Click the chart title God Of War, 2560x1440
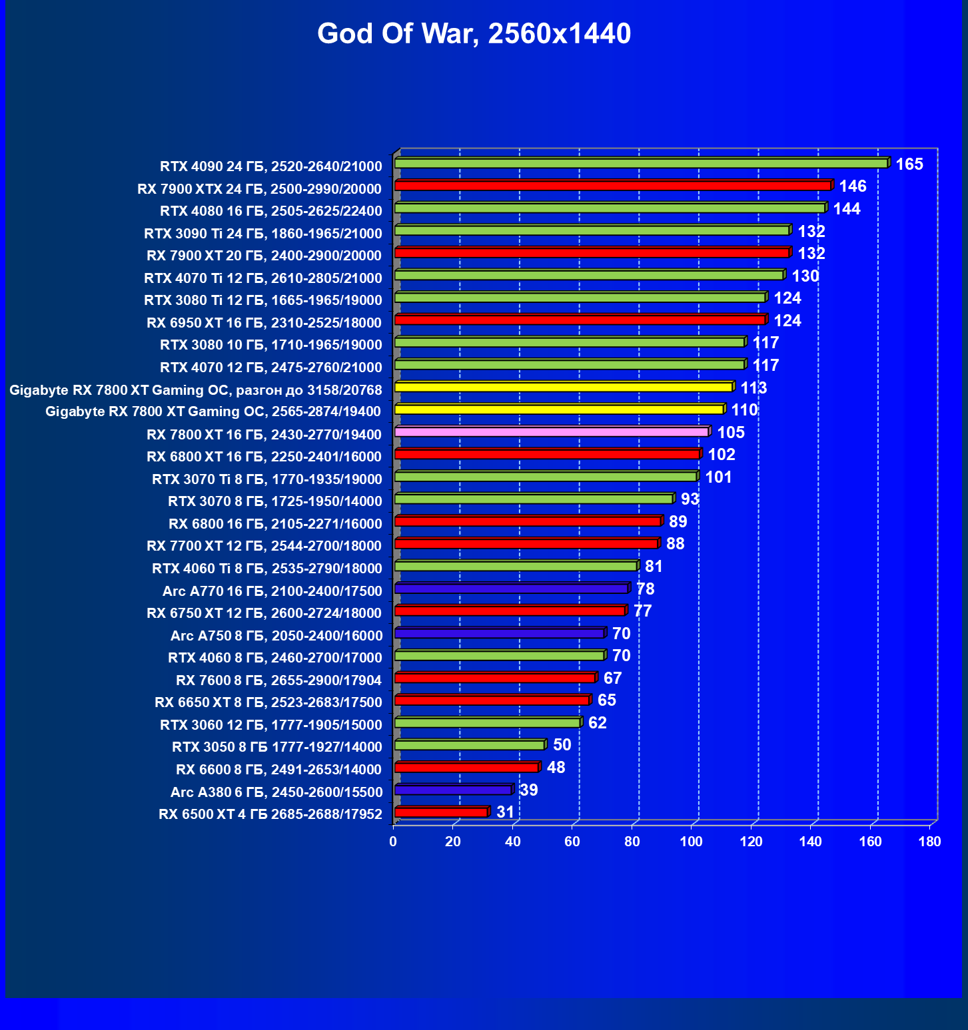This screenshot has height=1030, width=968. click(x=474, y=34)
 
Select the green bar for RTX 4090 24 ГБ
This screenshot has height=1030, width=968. click(x=641, y=163)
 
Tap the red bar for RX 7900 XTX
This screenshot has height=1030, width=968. click(x=613, y=186)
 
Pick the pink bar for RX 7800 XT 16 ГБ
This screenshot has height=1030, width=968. click(x=552, y=432)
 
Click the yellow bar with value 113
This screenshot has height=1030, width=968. click(x=564, y=387)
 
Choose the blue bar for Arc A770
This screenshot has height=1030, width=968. click(x=512, y=589)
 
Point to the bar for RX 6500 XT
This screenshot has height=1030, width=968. click(x=441, y=812)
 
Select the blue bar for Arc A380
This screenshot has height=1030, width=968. click(x=453, y=790)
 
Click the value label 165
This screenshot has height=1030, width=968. click(x=909, y=164)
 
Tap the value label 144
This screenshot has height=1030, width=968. click(x=847, y=209)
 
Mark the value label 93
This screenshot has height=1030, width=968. click(x=690, y=499)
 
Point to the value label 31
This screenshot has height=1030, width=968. click(x=506, y=812)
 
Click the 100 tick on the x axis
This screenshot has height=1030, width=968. click(x=691, y=842)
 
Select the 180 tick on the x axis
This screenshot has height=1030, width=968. click(x=929, y=842)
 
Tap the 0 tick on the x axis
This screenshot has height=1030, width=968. click(x=393, y=842)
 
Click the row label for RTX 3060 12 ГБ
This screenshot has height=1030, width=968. click(x=271, y=724)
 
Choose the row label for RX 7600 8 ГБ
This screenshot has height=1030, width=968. click(x=278, y=680)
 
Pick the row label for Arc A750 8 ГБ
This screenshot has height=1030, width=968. click(x=276, y=635)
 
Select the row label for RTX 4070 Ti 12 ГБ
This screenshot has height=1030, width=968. click(x=263, y=278)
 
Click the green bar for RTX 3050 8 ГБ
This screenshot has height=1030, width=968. click(x=470, y=745)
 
